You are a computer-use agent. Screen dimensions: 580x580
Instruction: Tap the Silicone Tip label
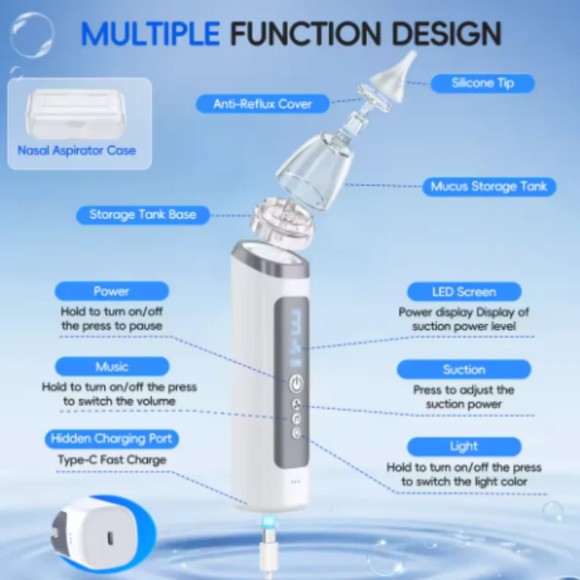pos(482,83)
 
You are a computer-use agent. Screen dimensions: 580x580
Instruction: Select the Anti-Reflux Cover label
pos(262,104)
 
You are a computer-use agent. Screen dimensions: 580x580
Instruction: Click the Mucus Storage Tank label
pos(489,186)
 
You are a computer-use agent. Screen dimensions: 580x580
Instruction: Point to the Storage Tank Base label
pos(142,215)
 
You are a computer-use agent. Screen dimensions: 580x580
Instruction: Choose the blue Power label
pos(112,291)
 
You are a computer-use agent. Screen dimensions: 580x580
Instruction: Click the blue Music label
pos(112,367)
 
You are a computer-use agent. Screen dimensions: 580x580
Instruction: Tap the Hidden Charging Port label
pos(112,439)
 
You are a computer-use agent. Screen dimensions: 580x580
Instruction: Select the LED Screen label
pos(463,292)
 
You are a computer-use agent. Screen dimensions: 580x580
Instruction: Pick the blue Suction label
pos(463,370)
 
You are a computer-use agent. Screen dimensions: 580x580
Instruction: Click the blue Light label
pos(463,446)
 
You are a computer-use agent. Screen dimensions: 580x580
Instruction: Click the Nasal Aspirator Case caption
pos(77,151)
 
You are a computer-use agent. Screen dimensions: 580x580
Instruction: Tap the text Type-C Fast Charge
pos(112,460)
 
